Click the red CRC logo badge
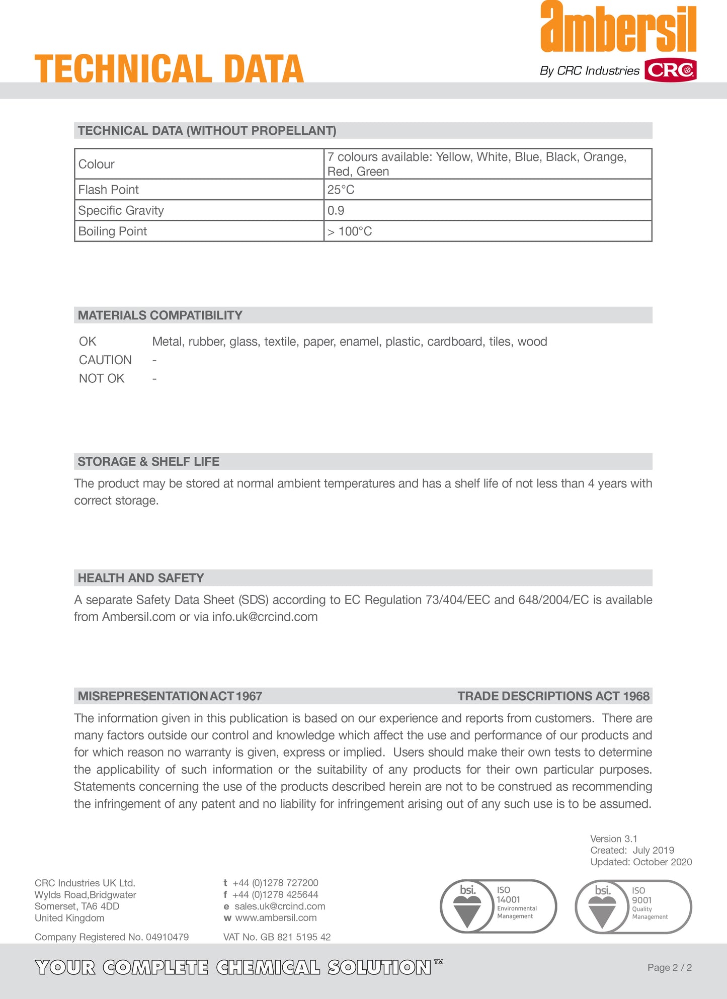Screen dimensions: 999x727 coord(670,70)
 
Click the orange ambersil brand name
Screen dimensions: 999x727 coord(618,28)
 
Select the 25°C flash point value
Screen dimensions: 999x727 coord(341,190)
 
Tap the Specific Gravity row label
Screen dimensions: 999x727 coord(121,210)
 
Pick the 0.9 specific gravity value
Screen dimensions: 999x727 coord(336,210)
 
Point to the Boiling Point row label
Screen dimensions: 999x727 coord(113,231)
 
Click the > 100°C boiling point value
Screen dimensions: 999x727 coord(350,231)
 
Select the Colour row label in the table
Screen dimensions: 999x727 coord(97,164)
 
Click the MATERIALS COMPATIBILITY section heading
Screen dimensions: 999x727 coord(160,315)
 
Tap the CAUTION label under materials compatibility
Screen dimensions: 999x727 coord(105,360)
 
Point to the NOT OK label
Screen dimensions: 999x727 coord(102,378)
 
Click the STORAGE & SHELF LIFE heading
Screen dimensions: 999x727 coord(148,462)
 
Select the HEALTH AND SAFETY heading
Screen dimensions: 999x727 coord(141,578)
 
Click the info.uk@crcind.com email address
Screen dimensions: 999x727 coord(265,617)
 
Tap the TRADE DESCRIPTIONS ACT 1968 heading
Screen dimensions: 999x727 coord(553,696)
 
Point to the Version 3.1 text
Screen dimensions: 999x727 coord(614,839)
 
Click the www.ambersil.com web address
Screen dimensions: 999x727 coord(276,918)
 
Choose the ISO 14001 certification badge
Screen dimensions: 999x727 coord(499,906)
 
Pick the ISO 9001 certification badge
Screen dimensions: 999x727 coord(633,906)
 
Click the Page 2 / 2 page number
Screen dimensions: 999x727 coord(670,967)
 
